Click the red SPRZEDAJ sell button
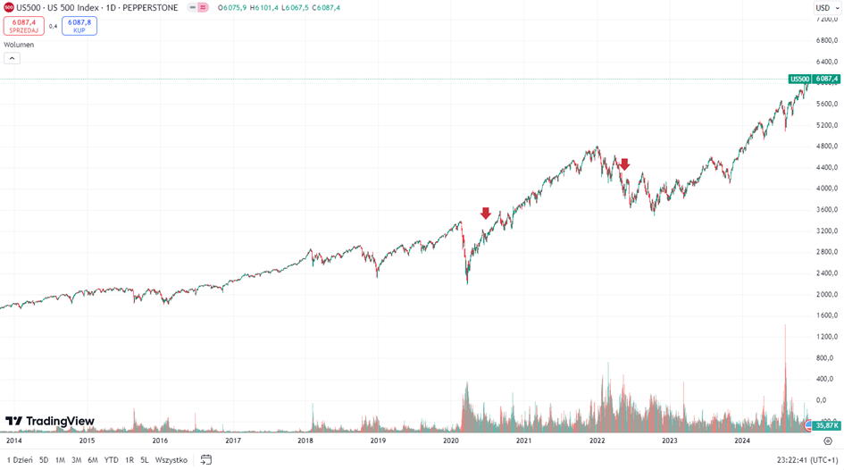coord(24,26)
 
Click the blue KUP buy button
coord(79,26)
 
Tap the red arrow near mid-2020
coord(486,214)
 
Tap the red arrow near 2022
coord(624,164)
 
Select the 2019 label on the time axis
coord(378,441)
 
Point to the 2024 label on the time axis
coord(742,441)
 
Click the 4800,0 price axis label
coord(825,146)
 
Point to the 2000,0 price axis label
coord(825,294)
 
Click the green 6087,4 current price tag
coord(827,79)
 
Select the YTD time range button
coord(111,460)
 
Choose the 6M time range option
coord(93,460)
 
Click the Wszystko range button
coord(171,460)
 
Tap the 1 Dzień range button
coord(20,460)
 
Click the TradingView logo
coord(50,422)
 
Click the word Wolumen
coord(19,45)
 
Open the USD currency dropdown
coord(825,8)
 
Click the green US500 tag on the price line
coord(799,79)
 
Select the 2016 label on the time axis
coord(160,441)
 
